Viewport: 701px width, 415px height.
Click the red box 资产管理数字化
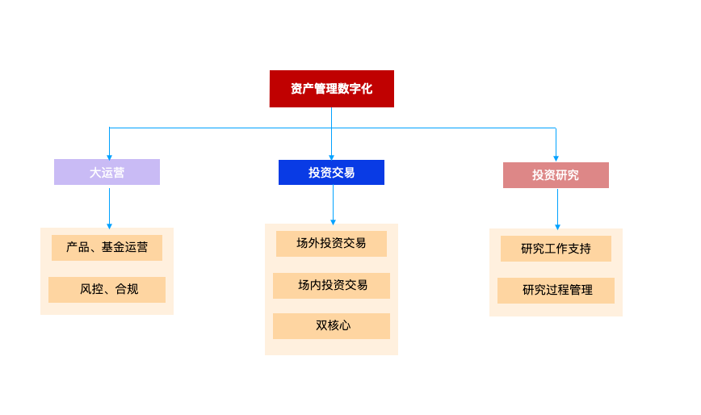coord(331,89)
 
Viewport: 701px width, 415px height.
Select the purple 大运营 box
coord(107,172)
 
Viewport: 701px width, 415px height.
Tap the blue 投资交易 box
coord(331,172)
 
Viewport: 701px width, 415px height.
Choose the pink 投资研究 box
coord(556,175)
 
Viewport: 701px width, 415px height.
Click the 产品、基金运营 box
coord(107,248)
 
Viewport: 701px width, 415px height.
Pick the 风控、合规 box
coord(107,289)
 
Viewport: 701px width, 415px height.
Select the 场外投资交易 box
coord(331,243)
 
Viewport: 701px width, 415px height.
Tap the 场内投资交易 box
coord(331,285)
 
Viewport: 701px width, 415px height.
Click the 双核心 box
coord(331,326)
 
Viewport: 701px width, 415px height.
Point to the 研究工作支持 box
coord(556,249)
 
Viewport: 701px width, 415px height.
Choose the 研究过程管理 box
coord(556,290)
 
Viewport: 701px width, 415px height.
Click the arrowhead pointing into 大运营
coord(109,156)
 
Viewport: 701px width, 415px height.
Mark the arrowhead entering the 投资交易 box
coord(332,157)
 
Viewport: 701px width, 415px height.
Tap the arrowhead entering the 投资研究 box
coord(556,158)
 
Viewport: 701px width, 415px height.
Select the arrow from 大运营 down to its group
coord(109,206)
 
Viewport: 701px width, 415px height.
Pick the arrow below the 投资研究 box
coord(557,209)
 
